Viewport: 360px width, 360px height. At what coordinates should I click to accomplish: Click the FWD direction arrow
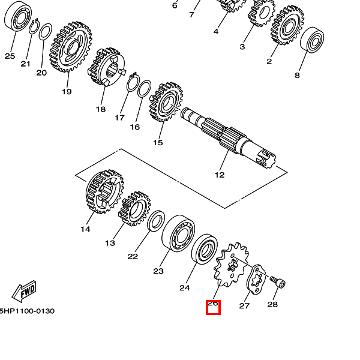pyautogui.click(x=24, y=292)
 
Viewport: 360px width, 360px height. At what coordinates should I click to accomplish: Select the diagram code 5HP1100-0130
pyautogui.click(x=27, y=311)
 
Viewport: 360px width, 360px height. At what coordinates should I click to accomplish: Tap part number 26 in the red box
pyautogui.click(x=212, y=303)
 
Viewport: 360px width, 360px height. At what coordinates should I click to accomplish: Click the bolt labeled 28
pyautogui.click(x=278, y=282)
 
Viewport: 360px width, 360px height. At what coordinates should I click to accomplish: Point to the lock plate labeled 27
pyautogui.click(x=256, y=280)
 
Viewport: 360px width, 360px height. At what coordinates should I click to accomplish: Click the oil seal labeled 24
pyautogui.click(x=205, y=250)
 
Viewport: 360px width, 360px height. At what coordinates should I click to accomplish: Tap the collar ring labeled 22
pyautogui.click(x=155, y=220)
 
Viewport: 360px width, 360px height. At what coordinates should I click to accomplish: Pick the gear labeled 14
pyautogui.click(x=105, y=192)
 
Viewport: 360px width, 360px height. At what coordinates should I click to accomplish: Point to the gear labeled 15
pyautogui.click(x=166, y=102)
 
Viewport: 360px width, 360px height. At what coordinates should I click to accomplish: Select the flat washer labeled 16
pyautogui.click(x=144, y=89)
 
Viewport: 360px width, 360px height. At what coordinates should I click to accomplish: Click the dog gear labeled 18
pyautogui.click(x=107, y=67)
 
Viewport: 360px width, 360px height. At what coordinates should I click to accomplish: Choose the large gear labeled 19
pyautogui.click(x=71, y=47)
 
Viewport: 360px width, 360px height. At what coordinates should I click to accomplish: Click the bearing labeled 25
pyautogui.click(x=18, y=16)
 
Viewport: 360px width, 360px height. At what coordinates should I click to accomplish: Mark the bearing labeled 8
pyautogui.click(x=312, y=40)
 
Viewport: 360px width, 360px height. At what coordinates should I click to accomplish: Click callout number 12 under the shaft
pyautogui.click(x=220, y=175)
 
